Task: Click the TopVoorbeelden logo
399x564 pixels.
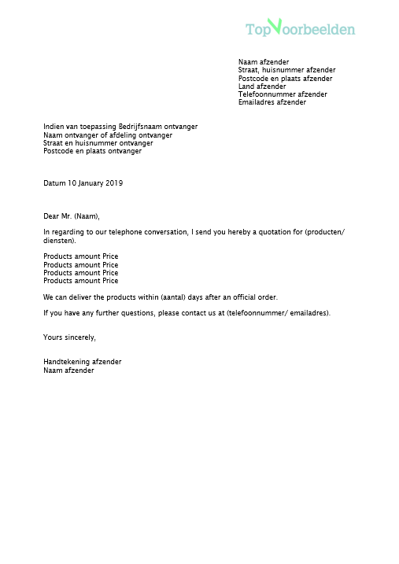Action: click(300, 29)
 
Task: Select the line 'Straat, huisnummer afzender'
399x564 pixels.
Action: click(286, 70)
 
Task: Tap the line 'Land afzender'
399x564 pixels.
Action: click(262, 87)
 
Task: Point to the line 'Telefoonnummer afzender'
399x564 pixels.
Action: click(283, 94)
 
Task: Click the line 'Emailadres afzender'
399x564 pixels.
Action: click(272, 102)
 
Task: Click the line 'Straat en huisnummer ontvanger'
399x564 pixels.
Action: click(98, 143)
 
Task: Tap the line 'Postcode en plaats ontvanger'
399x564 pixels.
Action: click(93, 151)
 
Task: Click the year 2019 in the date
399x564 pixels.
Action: click(114, 183)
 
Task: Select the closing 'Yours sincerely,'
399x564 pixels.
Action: click(69, 337)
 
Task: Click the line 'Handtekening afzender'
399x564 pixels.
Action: click(83, 362)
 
